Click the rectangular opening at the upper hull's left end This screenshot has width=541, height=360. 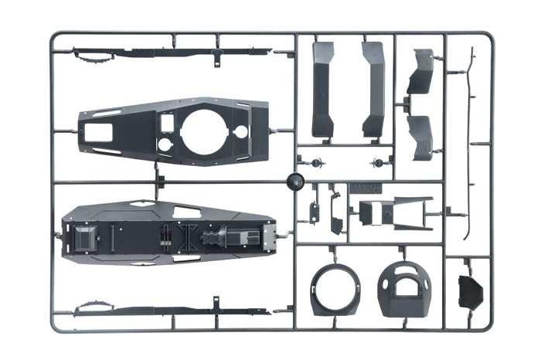[98, 132]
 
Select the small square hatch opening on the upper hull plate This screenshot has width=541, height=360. [167, 122]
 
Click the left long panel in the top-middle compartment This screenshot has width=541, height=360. [323, 88]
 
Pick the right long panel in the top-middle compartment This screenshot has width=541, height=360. [373, 88]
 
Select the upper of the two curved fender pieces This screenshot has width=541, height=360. [421, 71]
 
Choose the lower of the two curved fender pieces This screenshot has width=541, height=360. [423, 138]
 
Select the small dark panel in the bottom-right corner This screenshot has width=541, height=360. [470, 290]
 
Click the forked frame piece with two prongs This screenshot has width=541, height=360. [413, 211]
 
